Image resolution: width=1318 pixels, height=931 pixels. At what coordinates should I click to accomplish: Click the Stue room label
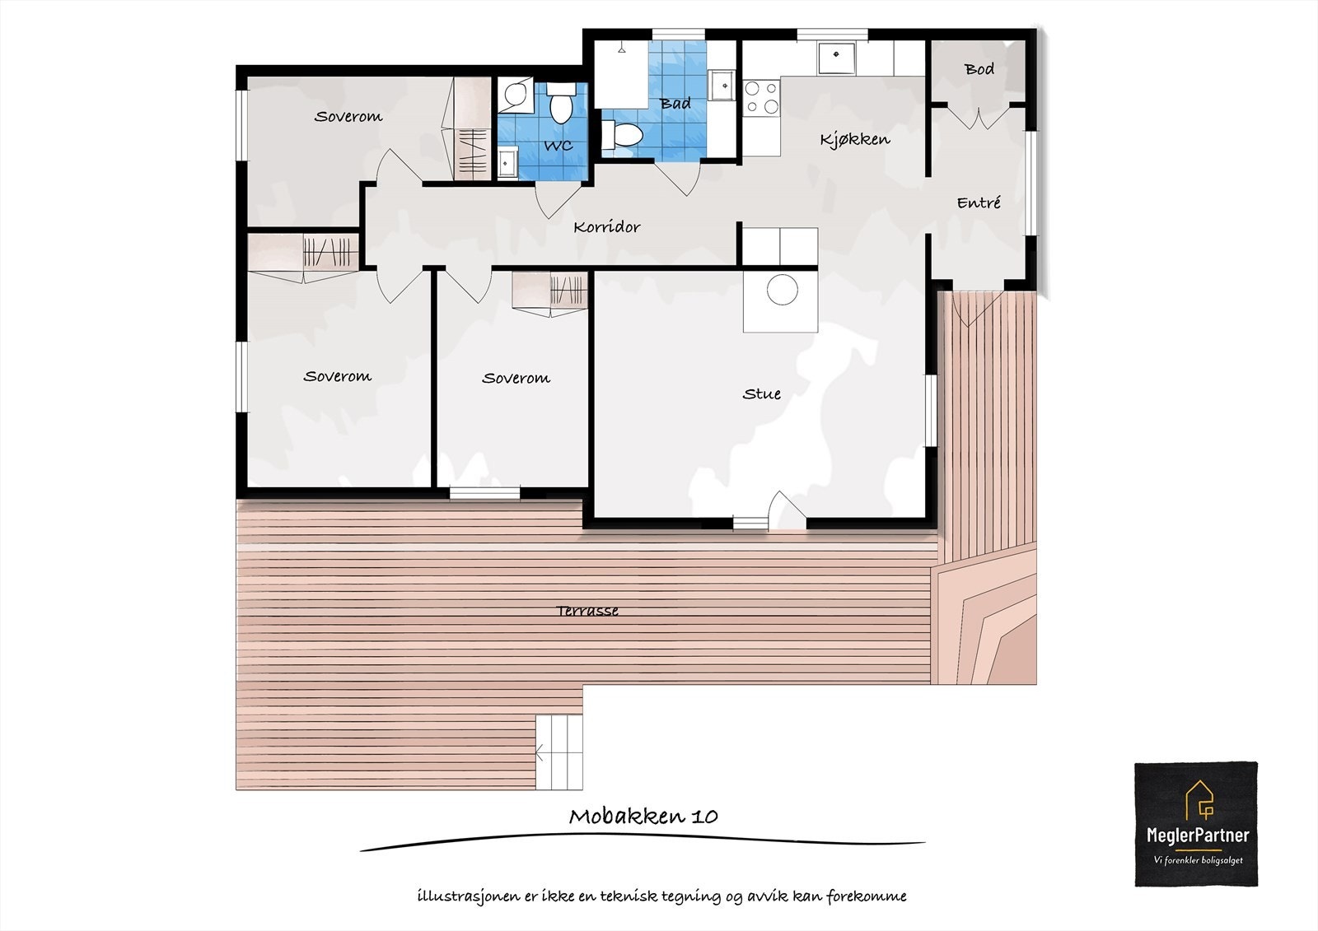pyautogui.click(x=761, y=394)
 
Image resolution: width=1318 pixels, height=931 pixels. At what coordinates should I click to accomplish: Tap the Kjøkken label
pyautogui.click(x=854, y=139)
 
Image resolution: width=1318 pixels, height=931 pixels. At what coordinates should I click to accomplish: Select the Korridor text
pyautogui.click(x=606, y=227)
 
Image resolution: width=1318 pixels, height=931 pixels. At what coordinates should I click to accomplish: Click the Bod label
pyautogui.click(x=979, y=69)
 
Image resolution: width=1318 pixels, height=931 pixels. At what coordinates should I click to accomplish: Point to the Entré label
pyautogui.click(x=979, y=202)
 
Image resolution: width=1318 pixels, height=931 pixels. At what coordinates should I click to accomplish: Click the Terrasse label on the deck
pyautogui.click(x=587, y=611)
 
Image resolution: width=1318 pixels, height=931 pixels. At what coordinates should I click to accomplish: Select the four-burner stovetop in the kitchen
pyautogui.click(x=761, y=96)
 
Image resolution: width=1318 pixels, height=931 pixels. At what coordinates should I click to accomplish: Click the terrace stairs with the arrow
pyautogui.click(x=559, y=752)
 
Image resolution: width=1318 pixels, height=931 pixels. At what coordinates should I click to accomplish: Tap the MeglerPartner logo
pyautogui.click(x=1196, y=824)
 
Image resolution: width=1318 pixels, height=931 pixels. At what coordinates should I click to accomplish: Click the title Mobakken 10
pyautogui.click(x=643, y=817)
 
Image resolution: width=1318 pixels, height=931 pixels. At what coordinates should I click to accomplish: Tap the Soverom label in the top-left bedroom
pyautogui.click(x=348, y=117)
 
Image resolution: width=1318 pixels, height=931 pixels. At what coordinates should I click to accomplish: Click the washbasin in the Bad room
pyautogui.click(x=722, y=84)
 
